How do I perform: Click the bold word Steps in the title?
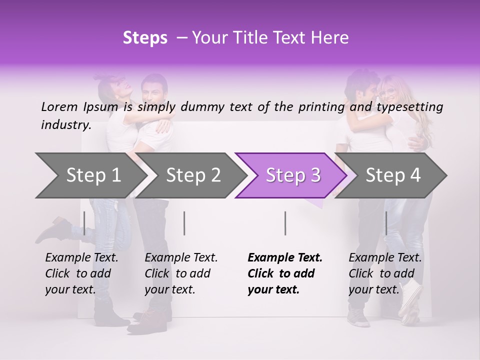[x=145, y=38]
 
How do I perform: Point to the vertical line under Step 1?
[x=84, y=223]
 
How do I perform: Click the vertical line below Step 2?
[x=184, y=223]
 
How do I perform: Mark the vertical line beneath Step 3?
[x=285, y=223]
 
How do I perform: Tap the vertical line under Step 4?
[x=386, y=223]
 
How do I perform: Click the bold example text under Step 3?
[x=284, y=273]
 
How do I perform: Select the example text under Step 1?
[x=81, y=273]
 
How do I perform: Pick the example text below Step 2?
[x=181, y=273]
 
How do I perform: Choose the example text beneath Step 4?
[x=385, y=273]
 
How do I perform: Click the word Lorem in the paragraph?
[x=59, y=106]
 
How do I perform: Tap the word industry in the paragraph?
[x=65, y=125]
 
